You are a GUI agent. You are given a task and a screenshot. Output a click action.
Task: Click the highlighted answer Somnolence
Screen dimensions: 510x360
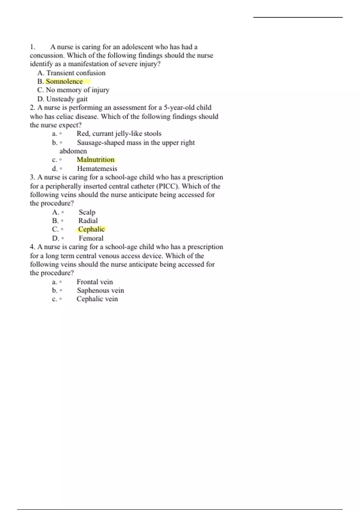point(64,82)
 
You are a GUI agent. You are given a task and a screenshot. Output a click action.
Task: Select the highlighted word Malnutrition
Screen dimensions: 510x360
point(96,160)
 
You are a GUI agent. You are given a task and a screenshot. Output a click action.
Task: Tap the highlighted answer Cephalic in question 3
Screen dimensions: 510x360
point(91,229)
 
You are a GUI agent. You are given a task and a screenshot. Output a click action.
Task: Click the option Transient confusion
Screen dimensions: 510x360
point(76,73)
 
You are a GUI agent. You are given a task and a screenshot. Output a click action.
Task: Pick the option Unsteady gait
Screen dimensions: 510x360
point(67,99)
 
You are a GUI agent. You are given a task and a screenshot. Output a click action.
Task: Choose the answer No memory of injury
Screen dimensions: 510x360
point(77,90)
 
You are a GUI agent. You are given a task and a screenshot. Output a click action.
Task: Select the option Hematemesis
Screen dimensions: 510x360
point(97,169)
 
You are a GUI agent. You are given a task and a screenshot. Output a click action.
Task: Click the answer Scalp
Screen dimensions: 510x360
point(87,212)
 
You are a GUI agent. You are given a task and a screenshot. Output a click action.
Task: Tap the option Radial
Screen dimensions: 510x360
point(88,221)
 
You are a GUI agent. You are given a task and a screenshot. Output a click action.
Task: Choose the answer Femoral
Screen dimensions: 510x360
point(91,238)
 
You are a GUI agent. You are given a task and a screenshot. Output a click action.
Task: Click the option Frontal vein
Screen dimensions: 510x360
point(95,282)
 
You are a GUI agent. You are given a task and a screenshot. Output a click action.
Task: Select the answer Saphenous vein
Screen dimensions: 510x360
point(100,290)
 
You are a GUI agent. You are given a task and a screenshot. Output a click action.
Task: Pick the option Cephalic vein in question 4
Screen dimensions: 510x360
point(97,299)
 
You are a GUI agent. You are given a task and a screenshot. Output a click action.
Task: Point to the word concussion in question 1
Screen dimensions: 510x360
point(46,55)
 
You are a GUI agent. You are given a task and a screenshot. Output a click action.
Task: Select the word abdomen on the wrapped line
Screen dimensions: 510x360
point(73,151)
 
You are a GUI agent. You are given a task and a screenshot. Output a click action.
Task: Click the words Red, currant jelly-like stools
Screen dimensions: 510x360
point(119,134)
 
